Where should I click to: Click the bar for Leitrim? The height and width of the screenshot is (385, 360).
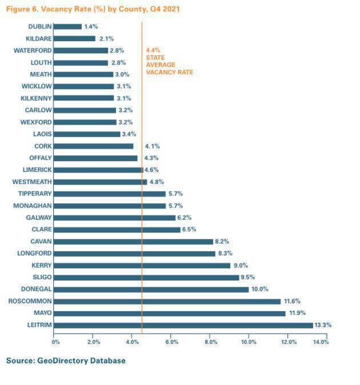pyautogui.click(x=183, y=325)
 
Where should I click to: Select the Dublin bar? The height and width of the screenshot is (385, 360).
pyautogui.click(x=68, y=26)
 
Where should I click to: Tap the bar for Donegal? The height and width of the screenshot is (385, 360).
pyautogui.click(x=151, y=289)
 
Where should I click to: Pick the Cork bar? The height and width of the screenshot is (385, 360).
pyautogui.click(x=94, y=146)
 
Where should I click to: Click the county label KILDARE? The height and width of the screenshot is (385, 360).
pyautogui.click(x=39, y=38)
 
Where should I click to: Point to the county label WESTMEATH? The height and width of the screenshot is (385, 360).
pyautogui.click(x=32, y=182)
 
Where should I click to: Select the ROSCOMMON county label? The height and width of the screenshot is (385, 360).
pyautogui.click(x=30, y=301)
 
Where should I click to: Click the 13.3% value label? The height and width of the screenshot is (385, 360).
pyautogui.click(x=323, y=325)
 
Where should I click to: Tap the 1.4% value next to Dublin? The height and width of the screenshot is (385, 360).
pyautogui.click(x=91, y=26)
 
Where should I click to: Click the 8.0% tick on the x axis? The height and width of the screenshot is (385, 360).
pyautogui.click(x=210, y=342)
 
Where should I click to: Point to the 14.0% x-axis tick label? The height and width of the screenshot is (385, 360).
pyautogui.click(x=320, y=342)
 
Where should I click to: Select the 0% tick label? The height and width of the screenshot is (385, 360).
pyautogui.click(x=55, y=342)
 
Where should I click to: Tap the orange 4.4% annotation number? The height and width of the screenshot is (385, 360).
pyautogui.click(x=154, y=50)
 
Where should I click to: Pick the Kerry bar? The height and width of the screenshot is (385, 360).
pyautogui.click(x=142, y=265)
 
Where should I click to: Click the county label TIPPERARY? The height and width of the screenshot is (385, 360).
pyautogui.click(x=35, y=194)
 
